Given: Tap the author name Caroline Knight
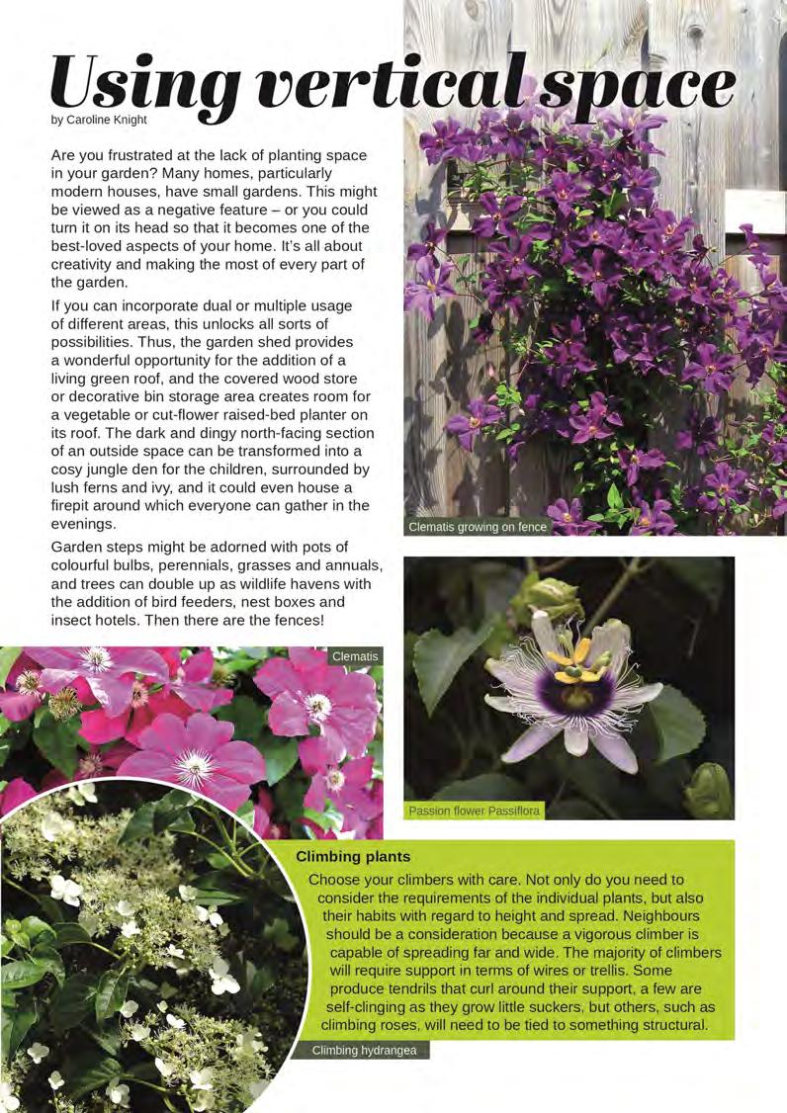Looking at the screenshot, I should coord(109,121).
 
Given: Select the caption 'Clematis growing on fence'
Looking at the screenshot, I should coord(478,527).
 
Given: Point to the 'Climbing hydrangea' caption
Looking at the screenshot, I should coord(364,1050).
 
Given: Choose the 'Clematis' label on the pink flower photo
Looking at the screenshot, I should coord(355,656).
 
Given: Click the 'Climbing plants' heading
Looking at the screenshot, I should coord(353,856).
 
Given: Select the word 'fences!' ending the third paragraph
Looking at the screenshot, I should coord(297,620).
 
